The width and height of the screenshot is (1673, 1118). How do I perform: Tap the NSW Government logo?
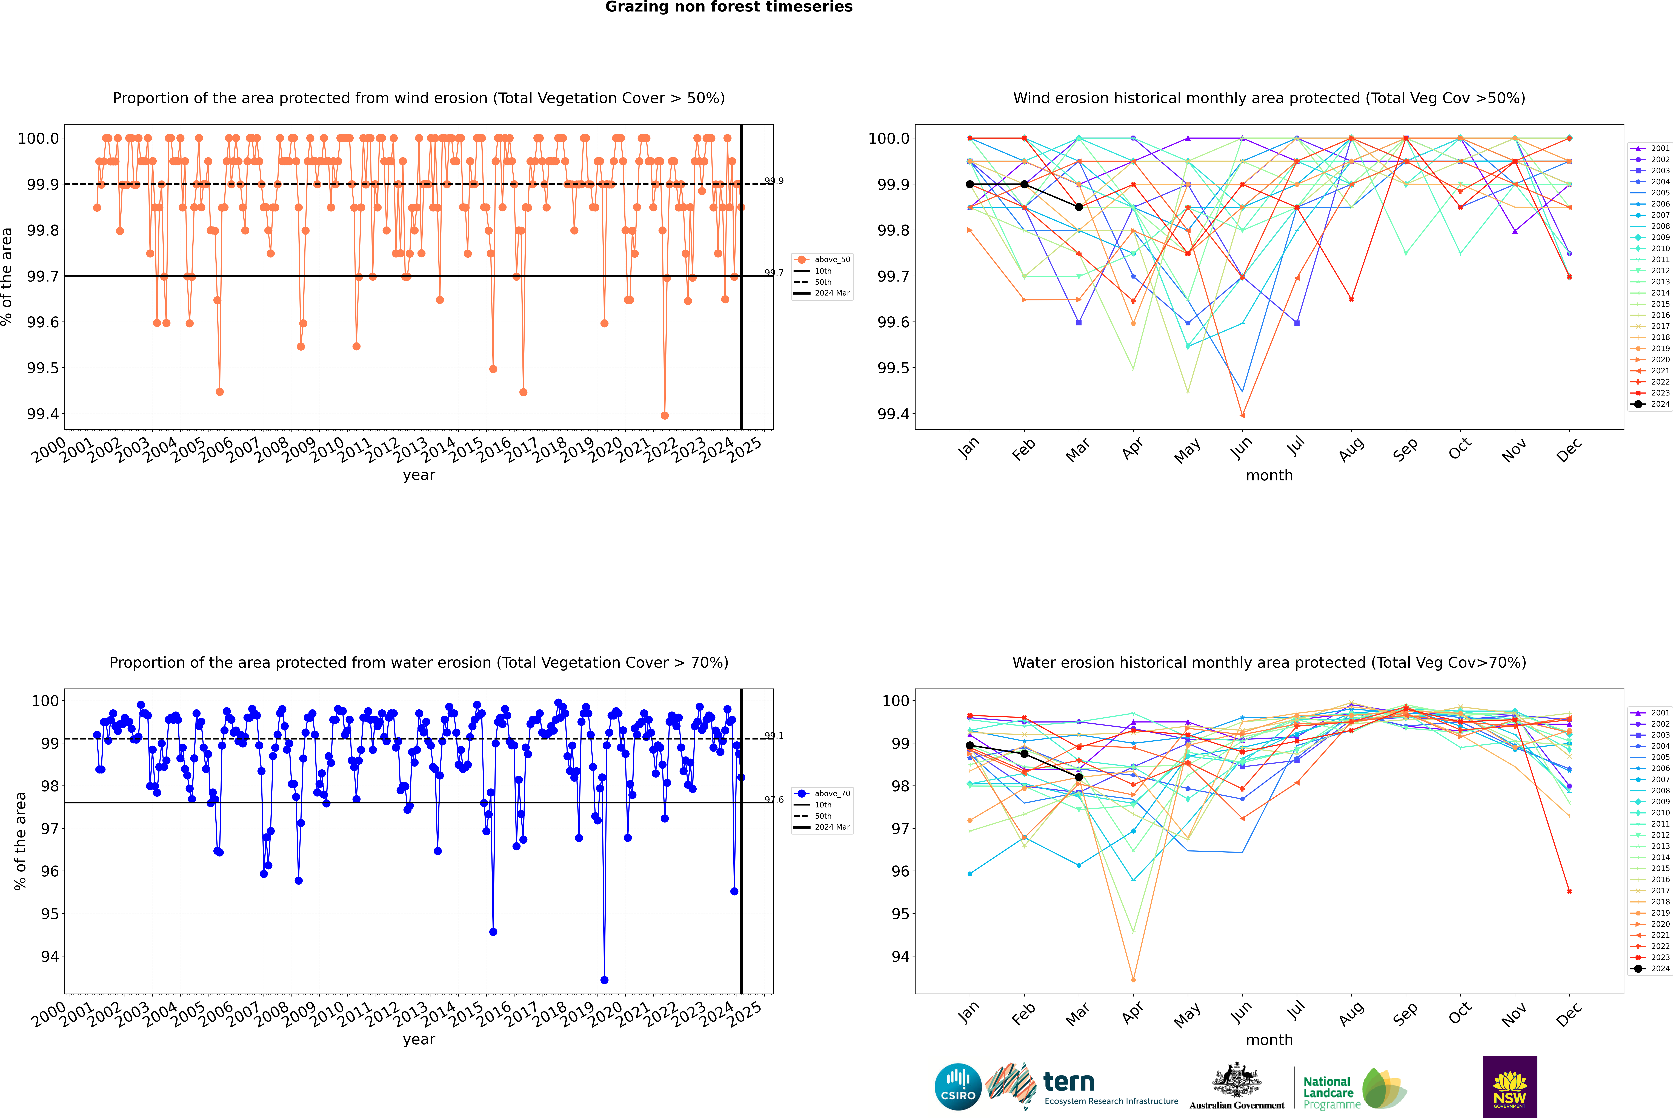pos(1510,1087)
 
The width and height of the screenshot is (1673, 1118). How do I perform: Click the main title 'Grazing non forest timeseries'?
pos(729,7)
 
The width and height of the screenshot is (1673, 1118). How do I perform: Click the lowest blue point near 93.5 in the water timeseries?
pos(604,980)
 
